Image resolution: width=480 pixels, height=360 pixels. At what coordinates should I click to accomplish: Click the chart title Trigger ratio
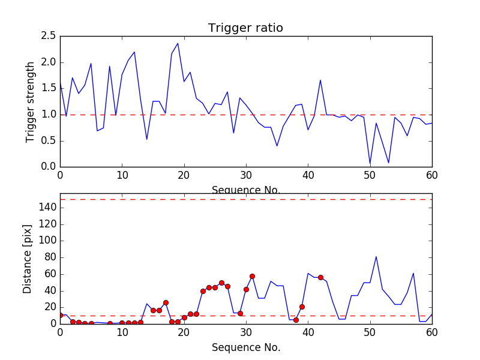pos(245,28)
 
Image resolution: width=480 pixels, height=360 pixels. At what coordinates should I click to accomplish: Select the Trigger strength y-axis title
pos(31,101)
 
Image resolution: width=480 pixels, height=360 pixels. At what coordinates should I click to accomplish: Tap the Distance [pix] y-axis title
pos(28,259)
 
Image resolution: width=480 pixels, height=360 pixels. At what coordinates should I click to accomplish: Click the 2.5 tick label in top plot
pos(48,36)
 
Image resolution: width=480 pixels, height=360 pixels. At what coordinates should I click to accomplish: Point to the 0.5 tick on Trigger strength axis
pos(48,141)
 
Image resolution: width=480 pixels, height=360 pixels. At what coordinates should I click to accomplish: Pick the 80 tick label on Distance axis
pos(49,257)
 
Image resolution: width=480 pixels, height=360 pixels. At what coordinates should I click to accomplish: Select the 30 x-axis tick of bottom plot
pos(246,332)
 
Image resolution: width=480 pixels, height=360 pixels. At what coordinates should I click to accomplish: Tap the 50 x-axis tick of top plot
pos(370,175)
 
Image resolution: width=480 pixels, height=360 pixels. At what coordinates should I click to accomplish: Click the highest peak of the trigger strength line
pos(178,43)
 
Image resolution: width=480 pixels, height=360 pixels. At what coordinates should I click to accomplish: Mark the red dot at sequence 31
pos(252,276)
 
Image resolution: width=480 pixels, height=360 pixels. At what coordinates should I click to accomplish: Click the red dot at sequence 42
pos(320,277)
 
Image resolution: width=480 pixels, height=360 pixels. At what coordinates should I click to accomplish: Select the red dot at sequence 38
pos(296,320)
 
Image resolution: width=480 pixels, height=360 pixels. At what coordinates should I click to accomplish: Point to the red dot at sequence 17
pos(166,302)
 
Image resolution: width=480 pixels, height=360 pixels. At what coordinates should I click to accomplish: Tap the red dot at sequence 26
pos(221,283)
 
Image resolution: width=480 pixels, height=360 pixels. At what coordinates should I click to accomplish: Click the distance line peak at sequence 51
pos(376,257)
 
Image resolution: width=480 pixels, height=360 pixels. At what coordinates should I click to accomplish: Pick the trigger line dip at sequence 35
pos(277,146)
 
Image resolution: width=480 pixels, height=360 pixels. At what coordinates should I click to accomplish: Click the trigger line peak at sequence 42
pos(320,80)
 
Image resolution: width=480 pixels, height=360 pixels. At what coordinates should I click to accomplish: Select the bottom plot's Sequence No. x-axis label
pos(245,347)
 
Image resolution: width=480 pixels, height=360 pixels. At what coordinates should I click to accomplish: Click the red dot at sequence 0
pos(60,315)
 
